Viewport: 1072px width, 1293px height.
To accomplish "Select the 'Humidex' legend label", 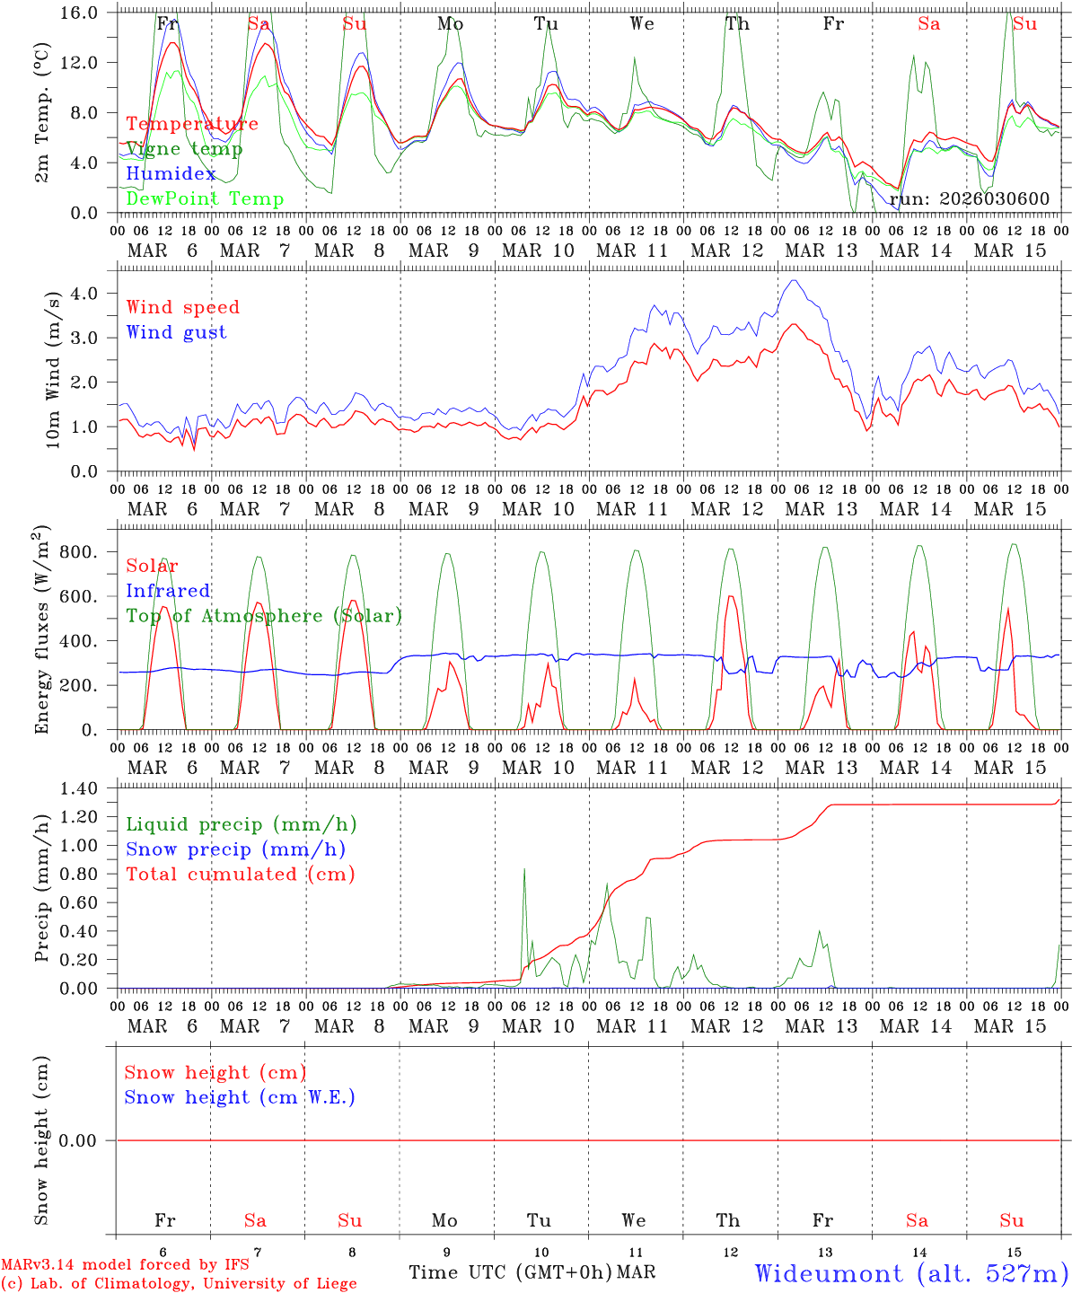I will click(x=171, y=174).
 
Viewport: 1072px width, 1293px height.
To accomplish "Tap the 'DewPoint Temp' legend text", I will click(x=205, y=199).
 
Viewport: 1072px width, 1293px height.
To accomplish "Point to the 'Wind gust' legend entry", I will click(x=176, y=332).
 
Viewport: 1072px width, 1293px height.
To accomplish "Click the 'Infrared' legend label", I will click(x=168, y=591).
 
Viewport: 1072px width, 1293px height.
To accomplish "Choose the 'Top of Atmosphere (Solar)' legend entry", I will click(x=264, y=616).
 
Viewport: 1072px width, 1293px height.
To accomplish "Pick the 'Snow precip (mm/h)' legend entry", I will click(x=235, y=849).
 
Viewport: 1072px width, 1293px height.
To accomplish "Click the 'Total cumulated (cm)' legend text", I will click(x=240, y=875).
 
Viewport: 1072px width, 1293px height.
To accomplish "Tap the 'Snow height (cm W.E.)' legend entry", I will click(x=240, y=1097).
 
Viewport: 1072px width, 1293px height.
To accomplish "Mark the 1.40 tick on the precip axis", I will click(x=81, y=789).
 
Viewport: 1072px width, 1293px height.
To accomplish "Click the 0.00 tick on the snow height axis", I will click(x=81, y=1141).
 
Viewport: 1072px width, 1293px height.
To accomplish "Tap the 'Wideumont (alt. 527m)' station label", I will click(x=910, y=1273).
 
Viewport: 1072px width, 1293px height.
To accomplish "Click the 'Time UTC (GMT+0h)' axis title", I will click(x=510, y=1272).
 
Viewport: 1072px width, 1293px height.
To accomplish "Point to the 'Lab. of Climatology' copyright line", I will click(x=179, y=1284).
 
